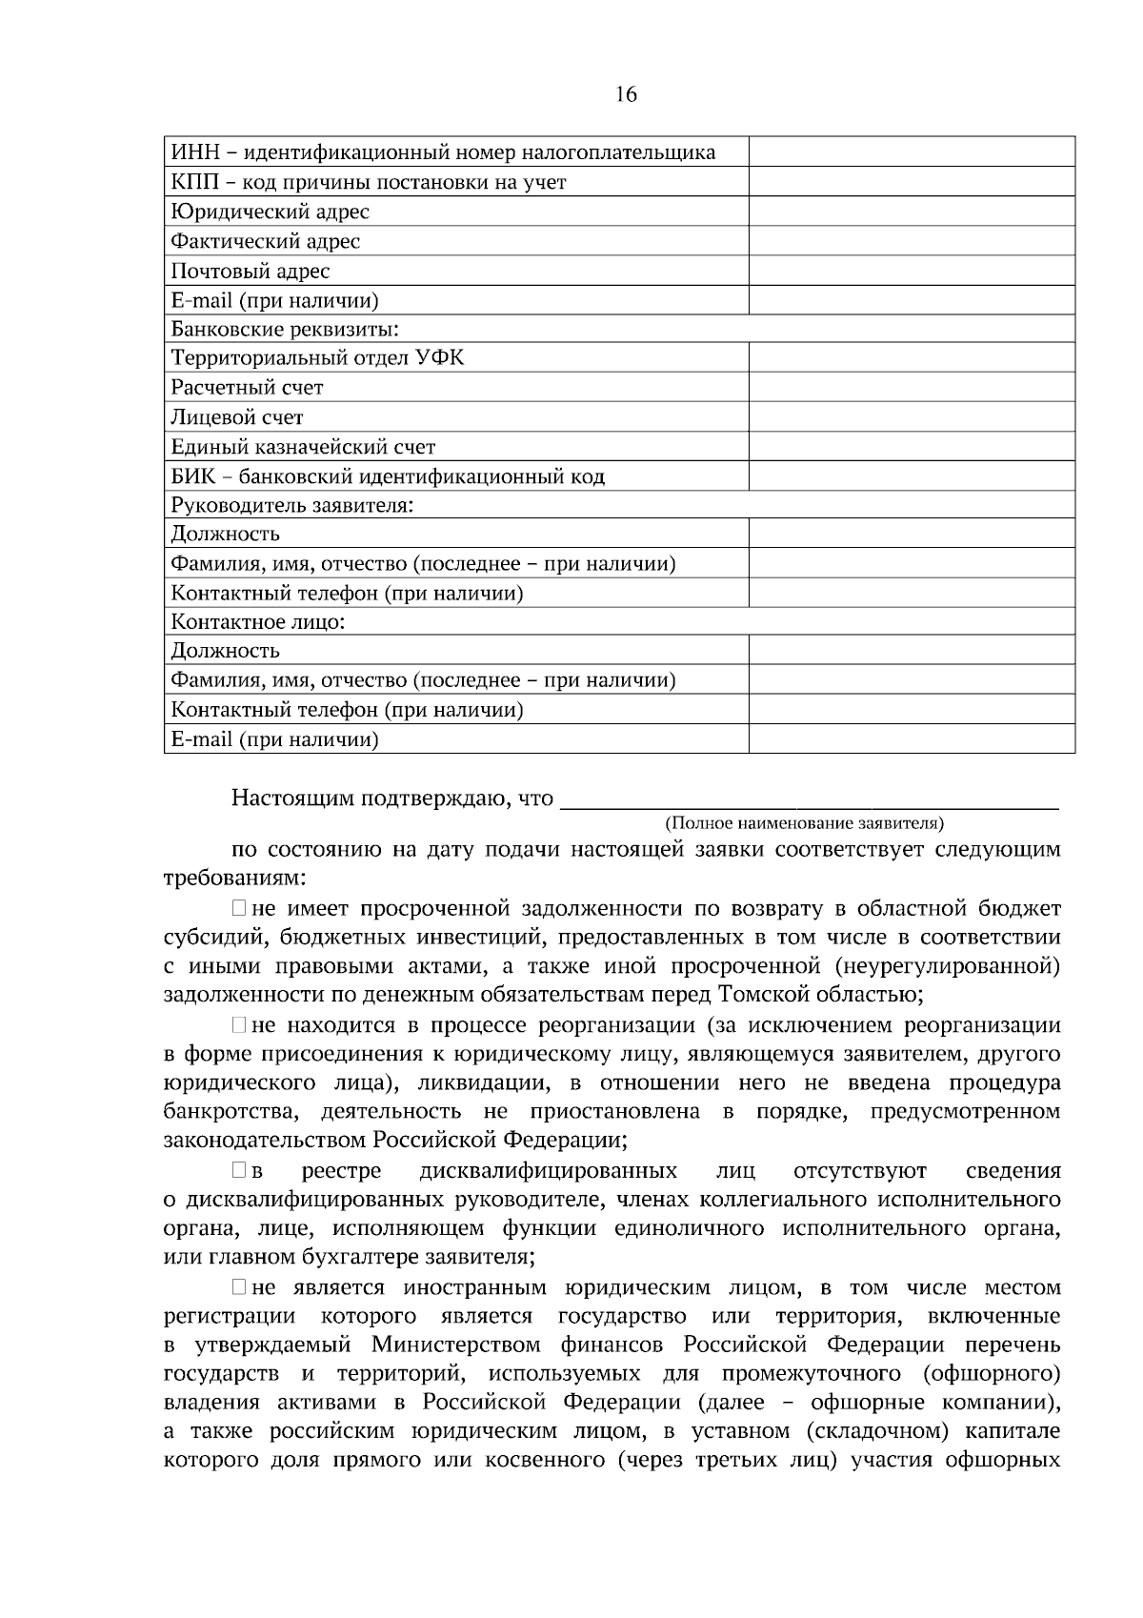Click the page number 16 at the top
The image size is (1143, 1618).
[626, 93]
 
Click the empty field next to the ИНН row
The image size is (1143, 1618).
[912, 152]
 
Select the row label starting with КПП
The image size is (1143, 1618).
[368, 182]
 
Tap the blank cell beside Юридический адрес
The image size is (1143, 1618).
[912, 212]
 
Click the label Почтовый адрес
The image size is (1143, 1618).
[250, 271]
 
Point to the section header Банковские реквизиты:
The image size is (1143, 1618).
[284, 330]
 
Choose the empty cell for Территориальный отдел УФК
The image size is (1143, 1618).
[912, 358]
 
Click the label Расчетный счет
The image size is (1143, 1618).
[247, 388]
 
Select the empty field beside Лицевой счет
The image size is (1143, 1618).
[912, 417]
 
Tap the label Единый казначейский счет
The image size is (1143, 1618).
[303, 447]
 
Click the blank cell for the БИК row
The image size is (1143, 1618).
[912, 476]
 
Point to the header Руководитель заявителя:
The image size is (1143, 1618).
[291, 505]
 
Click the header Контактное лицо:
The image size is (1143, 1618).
[257, 622]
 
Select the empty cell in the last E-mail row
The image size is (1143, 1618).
[912, 739]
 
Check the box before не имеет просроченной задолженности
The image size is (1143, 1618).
[239, 909]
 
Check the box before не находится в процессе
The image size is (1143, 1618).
[239, 1026]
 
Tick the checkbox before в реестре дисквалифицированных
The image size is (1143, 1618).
[239, 1171]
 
